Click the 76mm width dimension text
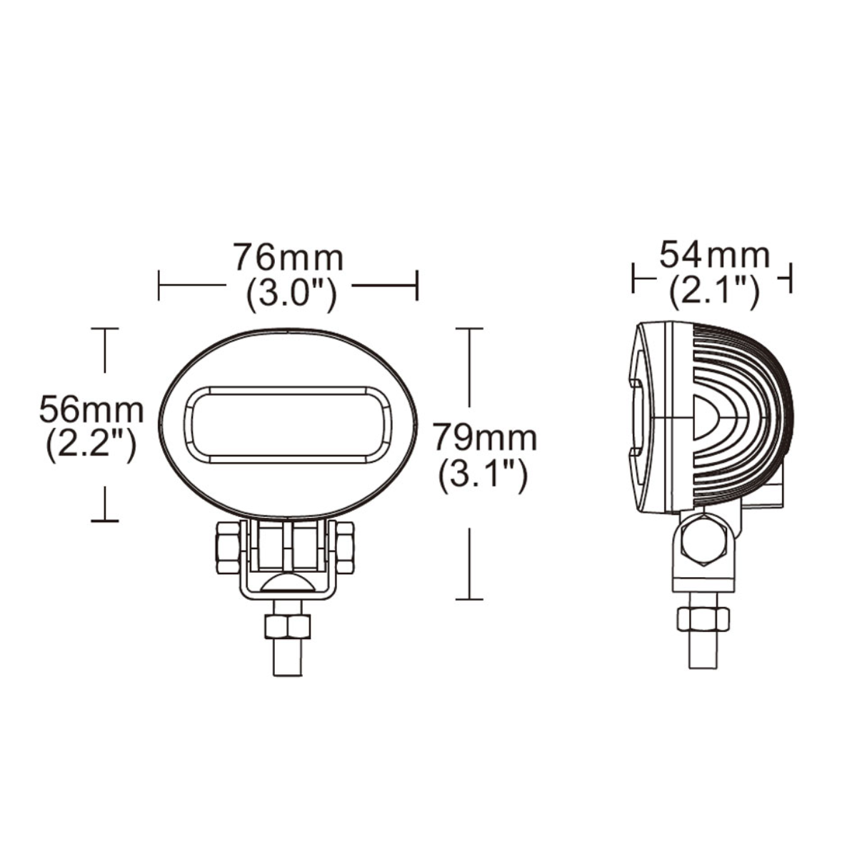(289, 258)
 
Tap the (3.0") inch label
(290, 294)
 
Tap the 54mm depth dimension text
(714, 255)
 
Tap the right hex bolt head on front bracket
(344, 547)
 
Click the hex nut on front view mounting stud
(288, 626)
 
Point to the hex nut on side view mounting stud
(703, 619)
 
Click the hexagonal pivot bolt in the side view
(703, 540)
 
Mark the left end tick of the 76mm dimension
(159, 285)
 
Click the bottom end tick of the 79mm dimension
(468, 598)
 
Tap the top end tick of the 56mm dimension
(105, 329)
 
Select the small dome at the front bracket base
(288, 581)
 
